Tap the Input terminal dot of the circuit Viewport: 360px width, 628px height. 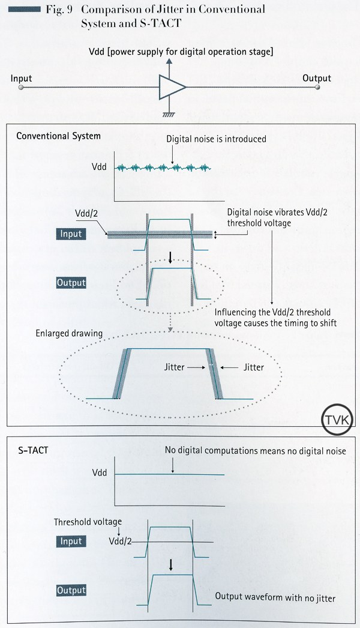tap(21, 88)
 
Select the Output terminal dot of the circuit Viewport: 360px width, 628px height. tap(318, 88)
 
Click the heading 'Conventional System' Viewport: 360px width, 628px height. tap(58, 136)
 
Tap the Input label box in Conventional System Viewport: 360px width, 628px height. tap(71, 234)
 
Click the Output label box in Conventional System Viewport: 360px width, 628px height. tap(71, 282)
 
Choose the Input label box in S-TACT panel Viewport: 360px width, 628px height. tap(71, 541)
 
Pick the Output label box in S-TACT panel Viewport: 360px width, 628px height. tap(71, 590)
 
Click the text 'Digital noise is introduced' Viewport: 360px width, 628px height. tap(216, 139)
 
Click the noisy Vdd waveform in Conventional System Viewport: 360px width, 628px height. tap(162, 168)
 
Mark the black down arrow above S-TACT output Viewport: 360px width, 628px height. tap(171, 564)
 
